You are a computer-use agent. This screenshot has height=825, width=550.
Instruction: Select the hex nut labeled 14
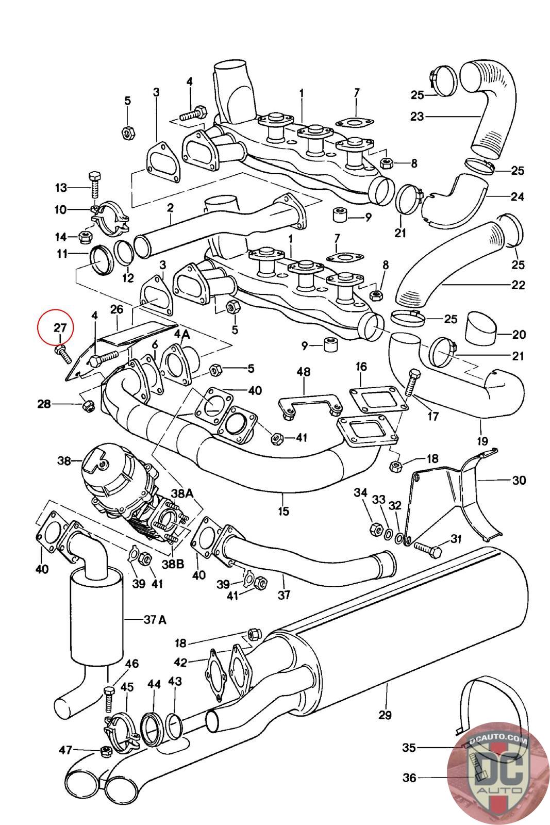[x=85, y=237]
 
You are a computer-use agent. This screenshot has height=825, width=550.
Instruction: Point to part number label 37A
[x=155, y=620]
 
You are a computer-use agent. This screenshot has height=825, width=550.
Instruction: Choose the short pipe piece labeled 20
[x=481, y=329]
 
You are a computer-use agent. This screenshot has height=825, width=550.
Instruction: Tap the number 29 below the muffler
[x=385, y=715]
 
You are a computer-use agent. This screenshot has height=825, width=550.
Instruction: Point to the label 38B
[x=173, y=565]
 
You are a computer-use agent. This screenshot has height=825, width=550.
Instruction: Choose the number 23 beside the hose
[x=416, y=117]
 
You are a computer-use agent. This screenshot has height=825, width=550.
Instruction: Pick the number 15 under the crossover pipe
[x=284, y=511]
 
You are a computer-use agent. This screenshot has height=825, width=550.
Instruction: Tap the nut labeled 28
[x=88, y=405]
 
